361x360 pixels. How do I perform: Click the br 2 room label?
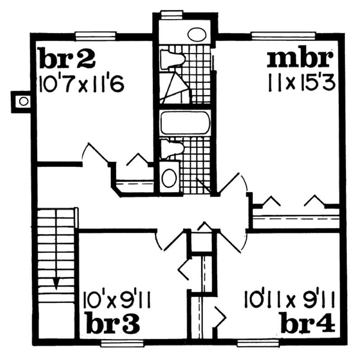[x=67, y=58]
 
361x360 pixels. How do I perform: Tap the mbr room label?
[x=300, y=58]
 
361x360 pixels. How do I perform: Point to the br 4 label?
[x=307, y=323]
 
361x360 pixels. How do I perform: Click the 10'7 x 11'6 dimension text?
[x=81, y=84]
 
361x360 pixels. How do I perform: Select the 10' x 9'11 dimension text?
[x=117, y=300]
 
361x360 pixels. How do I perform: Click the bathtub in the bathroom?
[x=185, y=123]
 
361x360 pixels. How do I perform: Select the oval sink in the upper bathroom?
[x=196, y=35]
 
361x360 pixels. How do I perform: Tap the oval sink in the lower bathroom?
[x=169, y=178]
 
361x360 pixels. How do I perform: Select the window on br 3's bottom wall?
[x=116, y=343]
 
